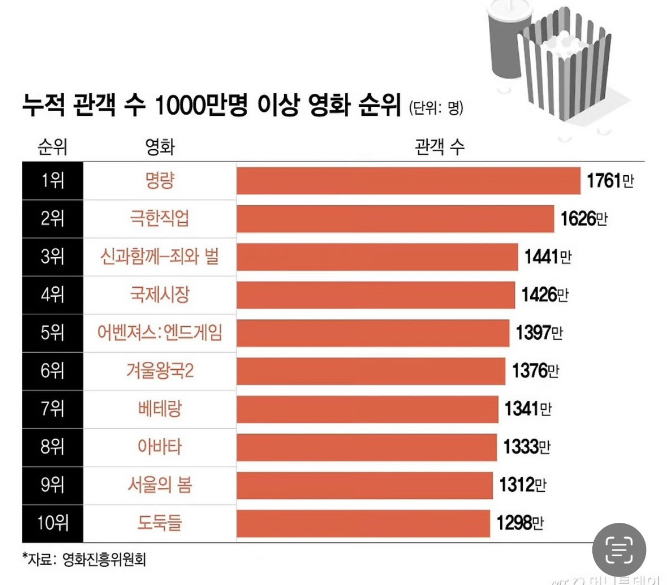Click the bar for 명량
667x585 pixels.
[408, 181]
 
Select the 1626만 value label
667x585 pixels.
[583, 219]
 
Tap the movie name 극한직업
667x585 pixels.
[160, 219]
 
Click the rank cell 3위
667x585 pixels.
[53, 257]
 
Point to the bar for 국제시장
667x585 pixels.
[376, 295]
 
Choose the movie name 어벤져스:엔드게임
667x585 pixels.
[160, 333]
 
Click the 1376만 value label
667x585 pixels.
[535, 371]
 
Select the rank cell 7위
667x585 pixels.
[53, 409]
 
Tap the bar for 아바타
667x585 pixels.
[367, 447]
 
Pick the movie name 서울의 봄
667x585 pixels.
[160, 485]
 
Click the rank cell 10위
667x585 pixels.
[53, 523]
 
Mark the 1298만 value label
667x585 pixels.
[520, 523]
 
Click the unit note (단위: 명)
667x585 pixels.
[436, 107]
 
